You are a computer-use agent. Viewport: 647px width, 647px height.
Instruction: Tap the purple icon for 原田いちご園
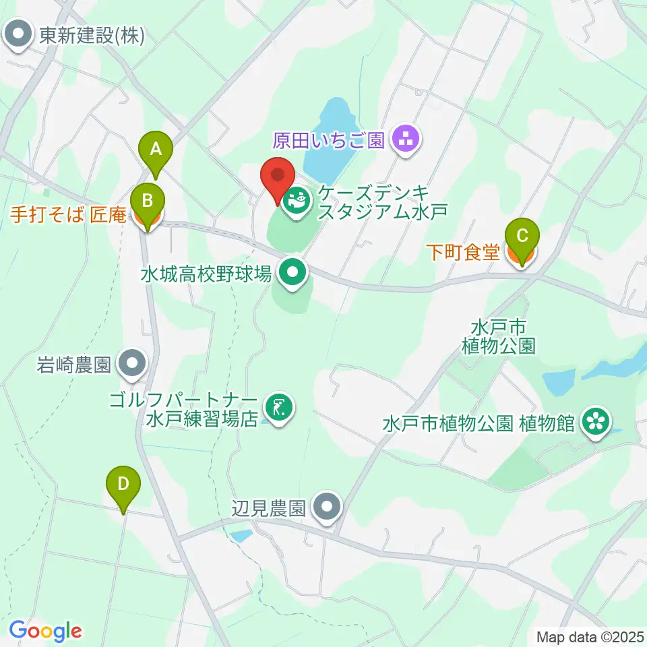(x=406, y=140)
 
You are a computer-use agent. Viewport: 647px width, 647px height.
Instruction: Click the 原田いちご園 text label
(x=328, y=141)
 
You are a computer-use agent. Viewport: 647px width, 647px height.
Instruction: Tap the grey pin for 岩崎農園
(x=132, y=364)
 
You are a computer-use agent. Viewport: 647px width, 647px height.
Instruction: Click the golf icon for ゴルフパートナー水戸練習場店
(x=278, y=407)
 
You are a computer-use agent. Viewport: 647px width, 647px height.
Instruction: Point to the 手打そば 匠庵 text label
(x=68, y=216)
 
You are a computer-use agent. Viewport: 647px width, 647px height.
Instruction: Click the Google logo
(x=45, y=631)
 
